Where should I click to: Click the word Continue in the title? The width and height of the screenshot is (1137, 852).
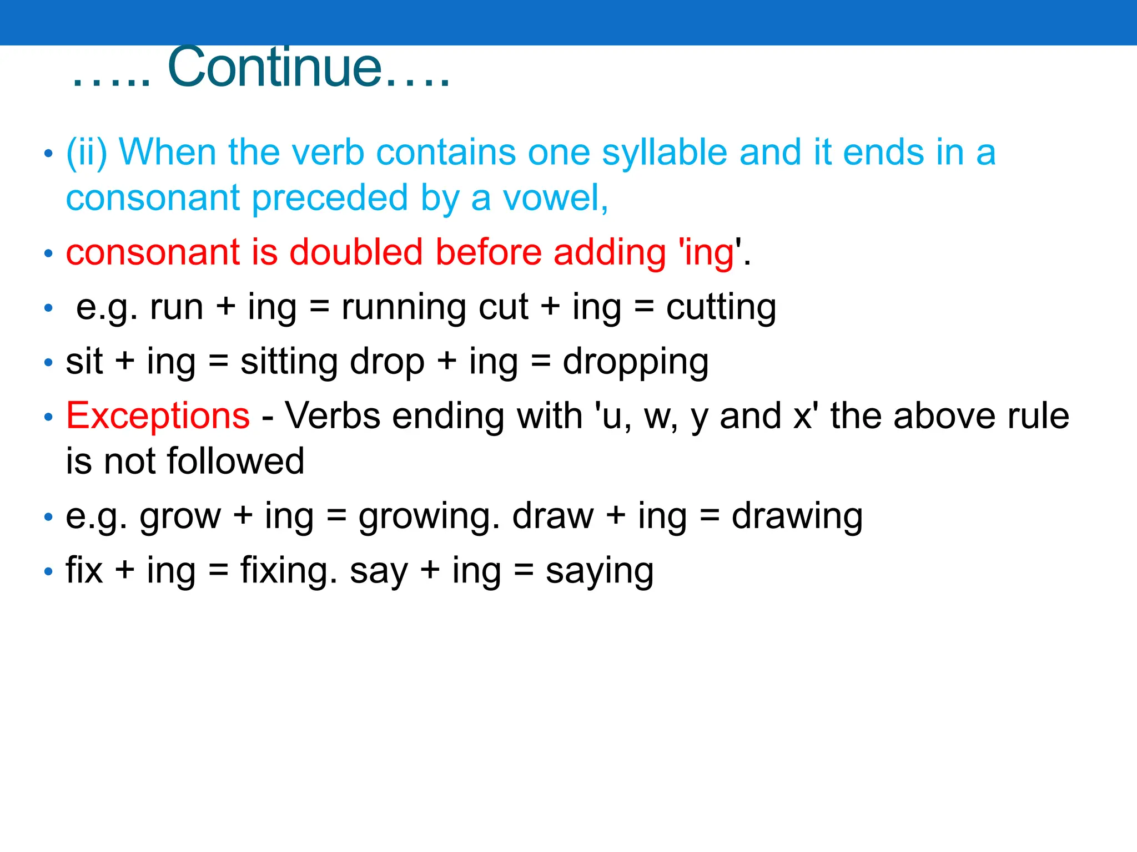[x=275, y=68]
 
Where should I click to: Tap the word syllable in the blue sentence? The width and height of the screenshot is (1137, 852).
[x=665, y=153]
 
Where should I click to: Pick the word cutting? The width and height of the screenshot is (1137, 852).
[x=721, y=308]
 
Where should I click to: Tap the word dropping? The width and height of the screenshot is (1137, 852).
[x=635, y=362]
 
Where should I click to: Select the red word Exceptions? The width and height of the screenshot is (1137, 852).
[x=158, y=416]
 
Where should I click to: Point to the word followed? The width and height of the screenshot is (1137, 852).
[x=235, y=461]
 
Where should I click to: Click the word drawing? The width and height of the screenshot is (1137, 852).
[x=797, y=517]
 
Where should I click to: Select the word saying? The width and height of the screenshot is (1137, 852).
[x=599, y=571]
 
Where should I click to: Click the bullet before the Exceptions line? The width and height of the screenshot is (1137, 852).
[x=49, y=417]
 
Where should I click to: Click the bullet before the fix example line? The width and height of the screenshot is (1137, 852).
[x=49, y=571]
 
